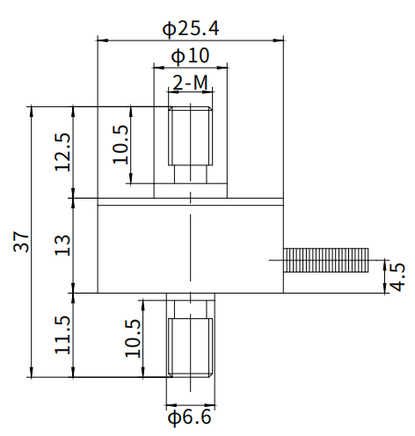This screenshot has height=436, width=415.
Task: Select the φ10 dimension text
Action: tap(190, 55)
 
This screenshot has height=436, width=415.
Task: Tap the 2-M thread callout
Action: tap(190, 83)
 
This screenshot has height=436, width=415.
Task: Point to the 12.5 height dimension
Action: tap(62, 152)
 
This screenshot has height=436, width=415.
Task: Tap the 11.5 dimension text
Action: tap(62, 334)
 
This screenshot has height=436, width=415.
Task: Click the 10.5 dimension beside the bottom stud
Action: tap(132, 337)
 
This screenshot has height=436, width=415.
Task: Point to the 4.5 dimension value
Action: tap(397, 276)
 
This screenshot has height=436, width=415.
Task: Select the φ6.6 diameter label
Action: tap(190, 416)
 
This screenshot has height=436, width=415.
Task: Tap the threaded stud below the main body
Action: tap(190, 346)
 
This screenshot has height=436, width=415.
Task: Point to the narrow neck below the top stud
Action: tap(190, 172)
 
